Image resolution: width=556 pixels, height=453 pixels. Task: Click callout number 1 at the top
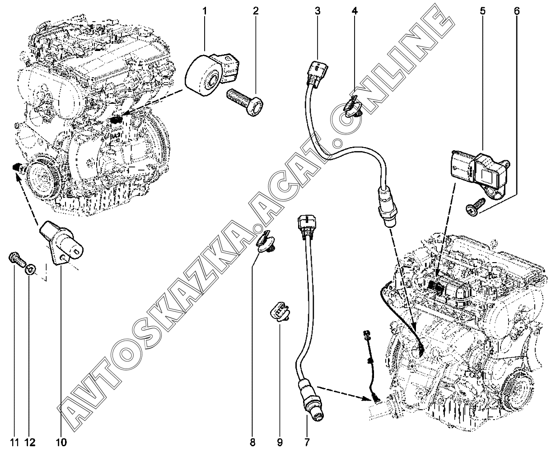(205, 11)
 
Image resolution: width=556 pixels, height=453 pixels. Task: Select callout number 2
(256, 11)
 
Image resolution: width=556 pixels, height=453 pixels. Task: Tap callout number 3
(318, 11)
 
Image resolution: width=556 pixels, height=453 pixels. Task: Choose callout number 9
(280, 443)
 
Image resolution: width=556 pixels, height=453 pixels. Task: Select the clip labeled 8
(266, 242)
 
